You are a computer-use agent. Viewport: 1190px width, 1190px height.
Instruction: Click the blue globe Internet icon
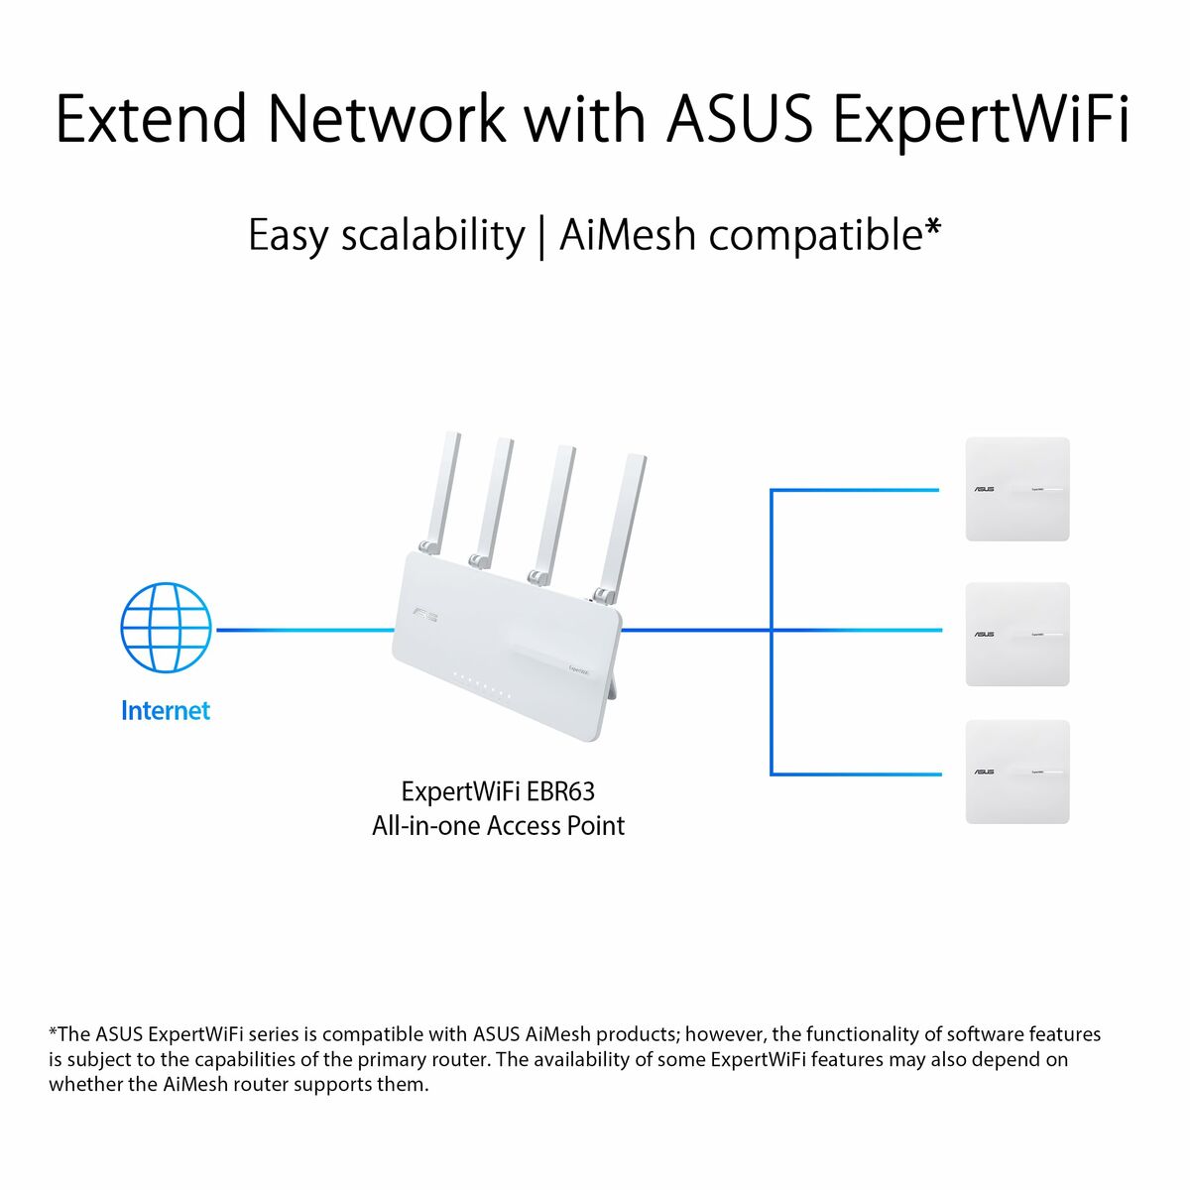click(166, 629)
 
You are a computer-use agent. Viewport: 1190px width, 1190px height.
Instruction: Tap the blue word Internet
click(166, 711)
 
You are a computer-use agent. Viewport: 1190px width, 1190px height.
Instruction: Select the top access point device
click(1017, 489)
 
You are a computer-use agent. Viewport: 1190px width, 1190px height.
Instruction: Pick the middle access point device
click(1017, 634)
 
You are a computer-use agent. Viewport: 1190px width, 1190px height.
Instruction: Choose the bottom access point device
click(1017, 772)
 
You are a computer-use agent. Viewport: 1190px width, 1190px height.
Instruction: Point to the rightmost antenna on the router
click(622, 526)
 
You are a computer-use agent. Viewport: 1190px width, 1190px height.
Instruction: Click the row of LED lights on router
click(481, 686)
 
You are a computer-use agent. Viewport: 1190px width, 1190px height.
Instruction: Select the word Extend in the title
click(151, 119)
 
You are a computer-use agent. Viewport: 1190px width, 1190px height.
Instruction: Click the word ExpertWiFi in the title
click(980, 119)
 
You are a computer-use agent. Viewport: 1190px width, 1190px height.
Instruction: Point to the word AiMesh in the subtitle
click(629, 236)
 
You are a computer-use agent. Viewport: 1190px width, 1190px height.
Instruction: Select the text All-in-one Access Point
click(498, 826)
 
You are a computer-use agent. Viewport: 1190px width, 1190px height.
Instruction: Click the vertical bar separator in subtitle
click(541, 238)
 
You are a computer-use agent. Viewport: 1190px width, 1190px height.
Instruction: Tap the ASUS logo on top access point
click(984, 490)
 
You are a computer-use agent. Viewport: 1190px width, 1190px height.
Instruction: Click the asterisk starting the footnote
click(54, 1031)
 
